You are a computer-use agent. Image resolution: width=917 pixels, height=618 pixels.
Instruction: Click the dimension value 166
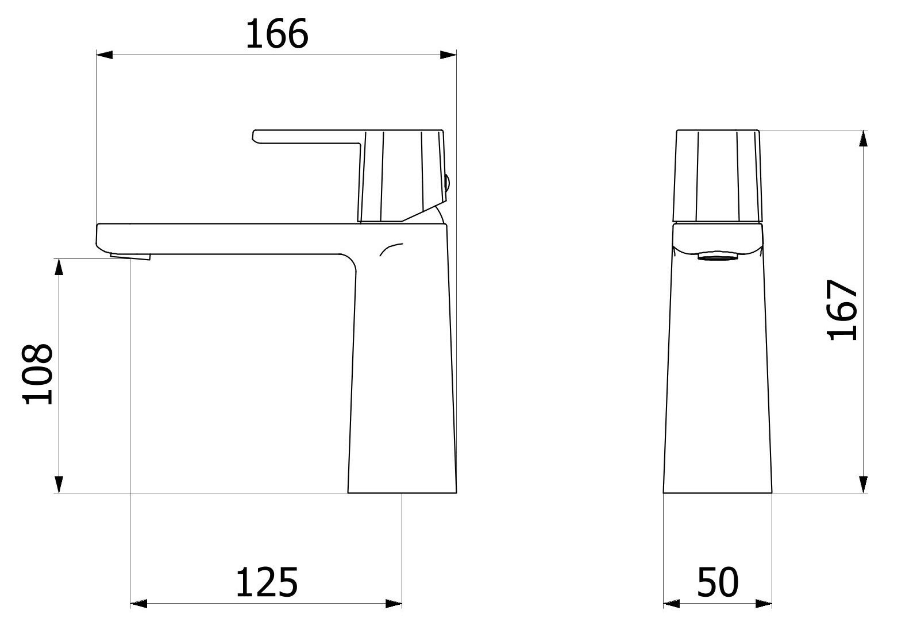(277, 34)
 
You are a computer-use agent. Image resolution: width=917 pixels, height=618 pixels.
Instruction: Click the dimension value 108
(38, 374)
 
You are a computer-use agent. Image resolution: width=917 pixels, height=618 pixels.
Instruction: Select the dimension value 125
(267, 582)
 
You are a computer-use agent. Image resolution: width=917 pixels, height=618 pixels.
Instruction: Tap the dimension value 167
(842, 310)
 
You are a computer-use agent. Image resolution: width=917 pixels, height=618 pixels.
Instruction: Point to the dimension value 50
(718, 582)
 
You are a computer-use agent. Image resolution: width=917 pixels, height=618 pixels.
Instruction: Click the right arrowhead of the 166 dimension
(448, 55)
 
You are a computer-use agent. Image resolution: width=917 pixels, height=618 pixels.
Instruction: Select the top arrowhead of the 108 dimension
(59, 267)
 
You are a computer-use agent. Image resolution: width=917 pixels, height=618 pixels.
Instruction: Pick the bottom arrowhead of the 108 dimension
(59, 484)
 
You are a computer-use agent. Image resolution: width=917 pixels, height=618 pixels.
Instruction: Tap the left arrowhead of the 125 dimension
(139, 604)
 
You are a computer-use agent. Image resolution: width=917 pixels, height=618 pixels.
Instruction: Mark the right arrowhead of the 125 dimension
(394, 604)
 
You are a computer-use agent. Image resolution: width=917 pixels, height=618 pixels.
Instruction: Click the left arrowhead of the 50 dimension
(672, 604)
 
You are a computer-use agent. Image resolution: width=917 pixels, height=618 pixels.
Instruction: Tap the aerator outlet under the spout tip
(131, 256)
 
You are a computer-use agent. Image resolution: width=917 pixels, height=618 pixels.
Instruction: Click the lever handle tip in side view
(256, 136)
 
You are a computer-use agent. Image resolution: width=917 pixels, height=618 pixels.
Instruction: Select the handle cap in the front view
(718, 176)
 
